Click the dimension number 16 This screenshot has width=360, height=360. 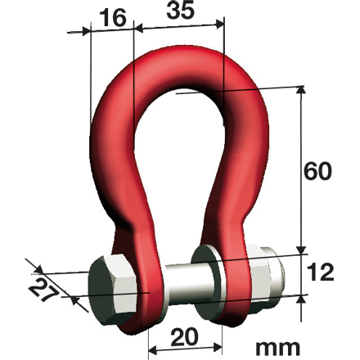pyautogui.click(x=113, y=18)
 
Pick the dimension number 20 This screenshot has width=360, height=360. pyautogui.click(x=186, y=336)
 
